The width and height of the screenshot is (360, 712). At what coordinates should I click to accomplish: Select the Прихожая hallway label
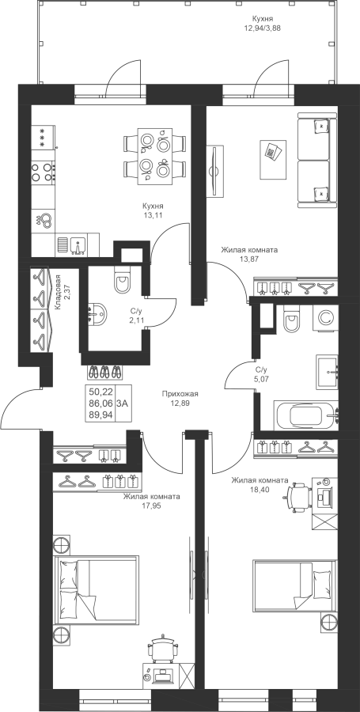(x=180, y=394)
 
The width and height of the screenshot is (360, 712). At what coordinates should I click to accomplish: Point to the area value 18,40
(x=260, y=489)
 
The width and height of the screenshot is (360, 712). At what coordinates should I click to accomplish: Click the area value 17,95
(x=152, y=505)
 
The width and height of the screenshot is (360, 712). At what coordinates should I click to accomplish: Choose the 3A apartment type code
(x=122, y=403)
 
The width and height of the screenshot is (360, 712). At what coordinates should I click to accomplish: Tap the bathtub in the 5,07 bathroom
(x=305, y=415)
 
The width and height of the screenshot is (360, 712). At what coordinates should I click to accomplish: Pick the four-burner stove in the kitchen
(x=44, y=172)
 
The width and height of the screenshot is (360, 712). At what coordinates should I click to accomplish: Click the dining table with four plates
(x=155, y=155)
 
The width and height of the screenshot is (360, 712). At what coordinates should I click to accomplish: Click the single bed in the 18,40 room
(x=294, y=584)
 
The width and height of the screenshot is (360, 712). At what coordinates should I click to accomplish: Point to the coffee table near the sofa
(x=273, y=160)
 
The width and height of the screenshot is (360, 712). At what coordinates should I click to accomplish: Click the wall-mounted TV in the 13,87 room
(x=214, y=171)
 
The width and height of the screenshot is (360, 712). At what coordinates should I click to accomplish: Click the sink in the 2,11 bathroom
(x=97, y=312)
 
